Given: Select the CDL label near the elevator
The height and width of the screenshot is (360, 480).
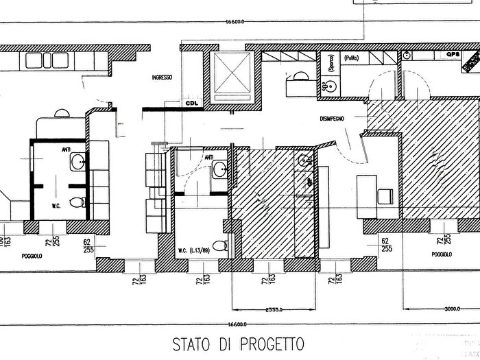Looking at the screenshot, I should pos(191,104).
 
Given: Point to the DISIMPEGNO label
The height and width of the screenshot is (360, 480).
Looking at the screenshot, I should pos(332,118).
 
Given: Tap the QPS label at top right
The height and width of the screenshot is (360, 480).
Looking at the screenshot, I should pos(452,54).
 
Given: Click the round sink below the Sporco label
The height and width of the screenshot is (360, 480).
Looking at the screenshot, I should pos(331,86).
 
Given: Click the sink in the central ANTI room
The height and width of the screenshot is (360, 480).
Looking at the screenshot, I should pos(221,168).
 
